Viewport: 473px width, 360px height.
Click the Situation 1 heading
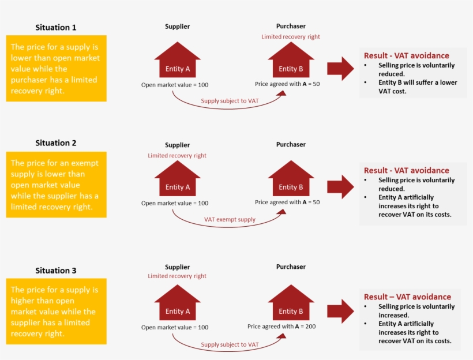(55, 27)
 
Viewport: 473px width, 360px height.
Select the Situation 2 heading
(55, 143)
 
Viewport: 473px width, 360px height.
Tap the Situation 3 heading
(55, 271)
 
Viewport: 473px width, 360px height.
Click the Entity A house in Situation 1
(177, 64)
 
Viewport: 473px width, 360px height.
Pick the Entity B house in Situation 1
(291, 64)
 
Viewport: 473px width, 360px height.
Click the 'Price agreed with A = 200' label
(281, 327)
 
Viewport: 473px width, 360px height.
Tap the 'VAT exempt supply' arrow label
(230, 220)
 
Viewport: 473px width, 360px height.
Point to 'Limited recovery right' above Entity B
(291, 37)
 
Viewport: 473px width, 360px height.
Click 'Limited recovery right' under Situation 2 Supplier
(177, 156)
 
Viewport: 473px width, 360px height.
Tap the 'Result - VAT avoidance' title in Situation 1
(406, 55)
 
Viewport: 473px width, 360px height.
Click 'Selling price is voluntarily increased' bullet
(416, 311)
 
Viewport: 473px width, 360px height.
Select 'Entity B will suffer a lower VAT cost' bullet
(417, 87)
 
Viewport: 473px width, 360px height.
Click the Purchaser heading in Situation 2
(291, 145)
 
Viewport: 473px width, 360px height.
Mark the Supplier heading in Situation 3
(177, 267)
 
